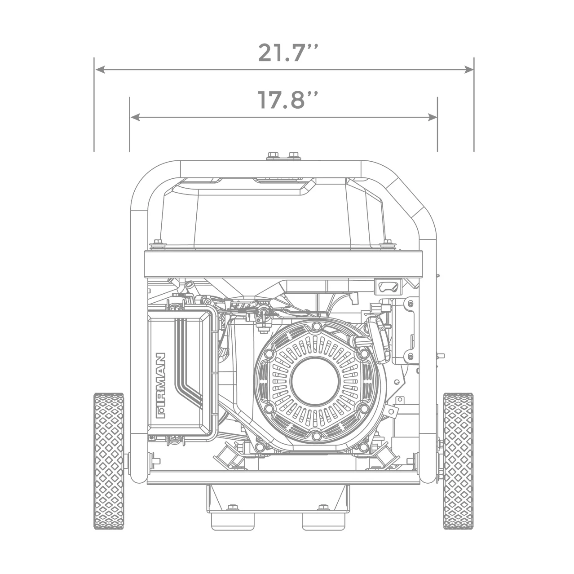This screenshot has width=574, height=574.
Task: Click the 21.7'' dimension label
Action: click(287, 53)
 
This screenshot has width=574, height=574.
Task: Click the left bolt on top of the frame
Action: click(272, 155)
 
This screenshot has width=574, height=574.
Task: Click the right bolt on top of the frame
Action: click(294, 155)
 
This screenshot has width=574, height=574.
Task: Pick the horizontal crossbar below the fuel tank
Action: click(283, 265)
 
